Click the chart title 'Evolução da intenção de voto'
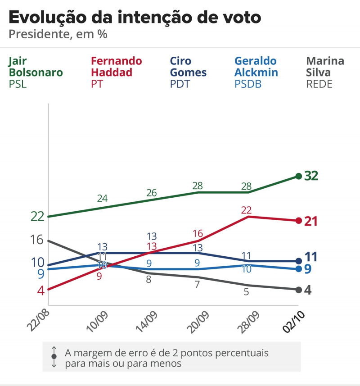point(135,18)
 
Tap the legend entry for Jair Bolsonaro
point(36,72)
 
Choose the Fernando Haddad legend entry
point(116,72)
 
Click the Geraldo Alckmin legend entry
point(256,72)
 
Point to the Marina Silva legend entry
point(325,72)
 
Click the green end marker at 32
point(298,176)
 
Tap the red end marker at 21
point(298,220)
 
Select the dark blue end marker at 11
point(298,261)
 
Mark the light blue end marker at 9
point(298,269)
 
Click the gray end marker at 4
point(298,289)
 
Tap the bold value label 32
point(311,176)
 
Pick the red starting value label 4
point(40,290)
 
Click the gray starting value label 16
point(37,240)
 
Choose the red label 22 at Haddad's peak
point(246,210)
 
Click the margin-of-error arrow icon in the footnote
point(54,356)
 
